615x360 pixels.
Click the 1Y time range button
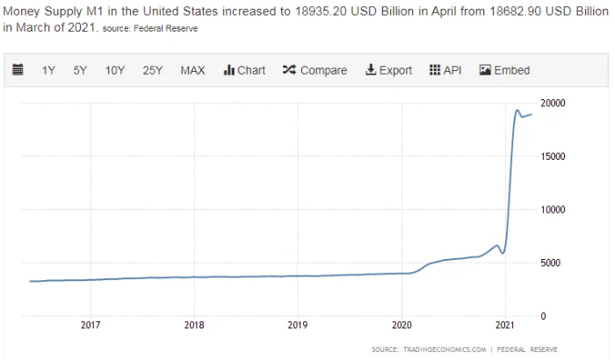pos(49,70)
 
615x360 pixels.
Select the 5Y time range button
pos(80,70)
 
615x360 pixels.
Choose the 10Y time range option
pos(114,70)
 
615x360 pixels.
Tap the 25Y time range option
pos(153,70)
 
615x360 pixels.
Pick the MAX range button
pos(192,70)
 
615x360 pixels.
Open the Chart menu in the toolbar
pos(244,70)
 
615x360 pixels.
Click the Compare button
pos(315,70)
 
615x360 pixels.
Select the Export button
pos(388,70)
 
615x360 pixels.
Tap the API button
pos(445,70)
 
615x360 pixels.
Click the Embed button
pos(504,70)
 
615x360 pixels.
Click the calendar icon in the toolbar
pos(18,70)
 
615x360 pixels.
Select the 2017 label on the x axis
pos(90,326)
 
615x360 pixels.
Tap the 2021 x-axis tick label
pos(505,326)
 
